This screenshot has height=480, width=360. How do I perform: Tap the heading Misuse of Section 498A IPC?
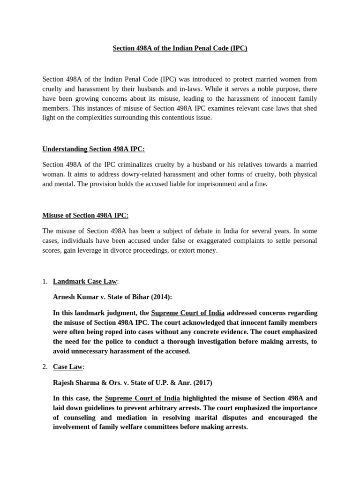tap(85, 215)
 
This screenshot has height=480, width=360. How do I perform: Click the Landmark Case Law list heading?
tap(85, 281)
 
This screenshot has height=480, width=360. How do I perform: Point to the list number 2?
tap(45, 367)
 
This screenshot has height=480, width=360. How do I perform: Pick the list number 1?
tap(45, 281)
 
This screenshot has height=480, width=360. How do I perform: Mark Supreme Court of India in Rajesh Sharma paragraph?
tap(142, 398)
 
